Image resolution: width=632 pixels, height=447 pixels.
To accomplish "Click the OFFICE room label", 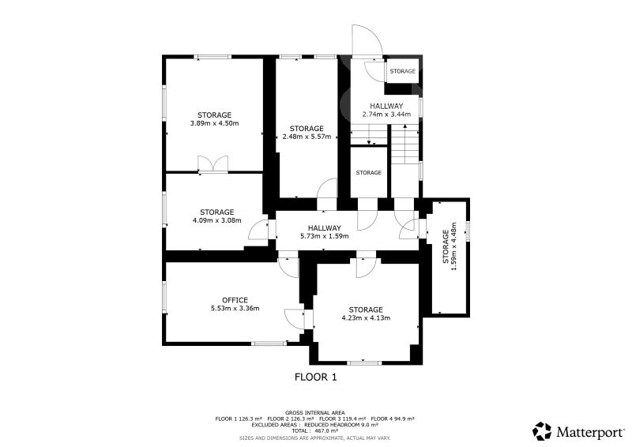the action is tap(235, 300).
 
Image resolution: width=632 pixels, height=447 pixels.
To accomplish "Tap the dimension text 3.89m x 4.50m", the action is tap(214, 123).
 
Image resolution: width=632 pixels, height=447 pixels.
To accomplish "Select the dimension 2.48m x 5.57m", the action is tap(307, 137).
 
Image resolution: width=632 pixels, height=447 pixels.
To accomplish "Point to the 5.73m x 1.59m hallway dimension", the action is tap(325, 236).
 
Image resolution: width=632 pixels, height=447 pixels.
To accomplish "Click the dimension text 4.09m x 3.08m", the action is tap(216, 220).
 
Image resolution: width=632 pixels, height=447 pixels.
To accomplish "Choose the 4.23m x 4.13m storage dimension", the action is tap(366, 318).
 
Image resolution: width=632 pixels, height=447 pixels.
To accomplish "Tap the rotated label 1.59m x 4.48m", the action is tap(453, 246).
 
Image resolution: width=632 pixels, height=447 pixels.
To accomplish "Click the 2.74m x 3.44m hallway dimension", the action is tap(386, 115).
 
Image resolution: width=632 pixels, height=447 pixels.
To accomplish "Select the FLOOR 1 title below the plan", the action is tap(315, 378).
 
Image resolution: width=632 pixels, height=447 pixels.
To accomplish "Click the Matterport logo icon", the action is tap(542, 431).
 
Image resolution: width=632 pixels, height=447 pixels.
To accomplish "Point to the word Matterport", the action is tap(590, 433).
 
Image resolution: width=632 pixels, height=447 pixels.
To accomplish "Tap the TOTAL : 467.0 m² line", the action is tap(314, 431).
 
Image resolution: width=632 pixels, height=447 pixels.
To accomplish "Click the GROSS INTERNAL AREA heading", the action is tap(314, 413).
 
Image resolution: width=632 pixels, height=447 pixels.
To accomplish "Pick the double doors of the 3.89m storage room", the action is tap(213, 164).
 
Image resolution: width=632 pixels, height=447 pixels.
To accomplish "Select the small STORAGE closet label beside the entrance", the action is tap(403, 71).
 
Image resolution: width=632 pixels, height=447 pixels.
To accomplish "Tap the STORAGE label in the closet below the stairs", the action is tap(368, 173).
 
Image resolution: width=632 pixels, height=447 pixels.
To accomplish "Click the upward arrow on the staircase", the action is tap(404, 145).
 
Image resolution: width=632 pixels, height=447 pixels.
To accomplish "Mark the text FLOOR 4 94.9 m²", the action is tap(393, 419).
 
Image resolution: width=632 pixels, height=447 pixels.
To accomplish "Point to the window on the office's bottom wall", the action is tap(269, 344).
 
